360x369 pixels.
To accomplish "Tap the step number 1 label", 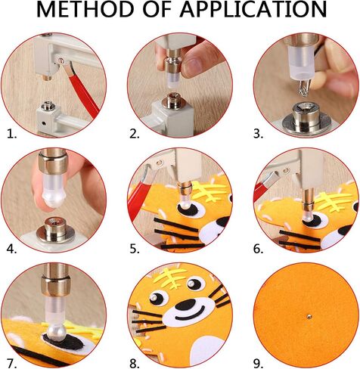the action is (x=12, y=134).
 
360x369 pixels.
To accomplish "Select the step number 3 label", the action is (x=259, y=134).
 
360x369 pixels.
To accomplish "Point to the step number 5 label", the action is (x=135, y=249).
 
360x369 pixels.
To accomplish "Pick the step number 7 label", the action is (x=12, y=364).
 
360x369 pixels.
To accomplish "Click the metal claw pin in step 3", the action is (x=303, y=88).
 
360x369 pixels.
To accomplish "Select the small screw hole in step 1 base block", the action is (x=44, y=123).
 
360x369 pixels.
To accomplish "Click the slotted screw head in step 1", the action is (x=62, y=60).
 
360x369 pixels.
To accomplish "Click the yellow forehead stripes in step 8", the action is (x=175, y=278).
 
